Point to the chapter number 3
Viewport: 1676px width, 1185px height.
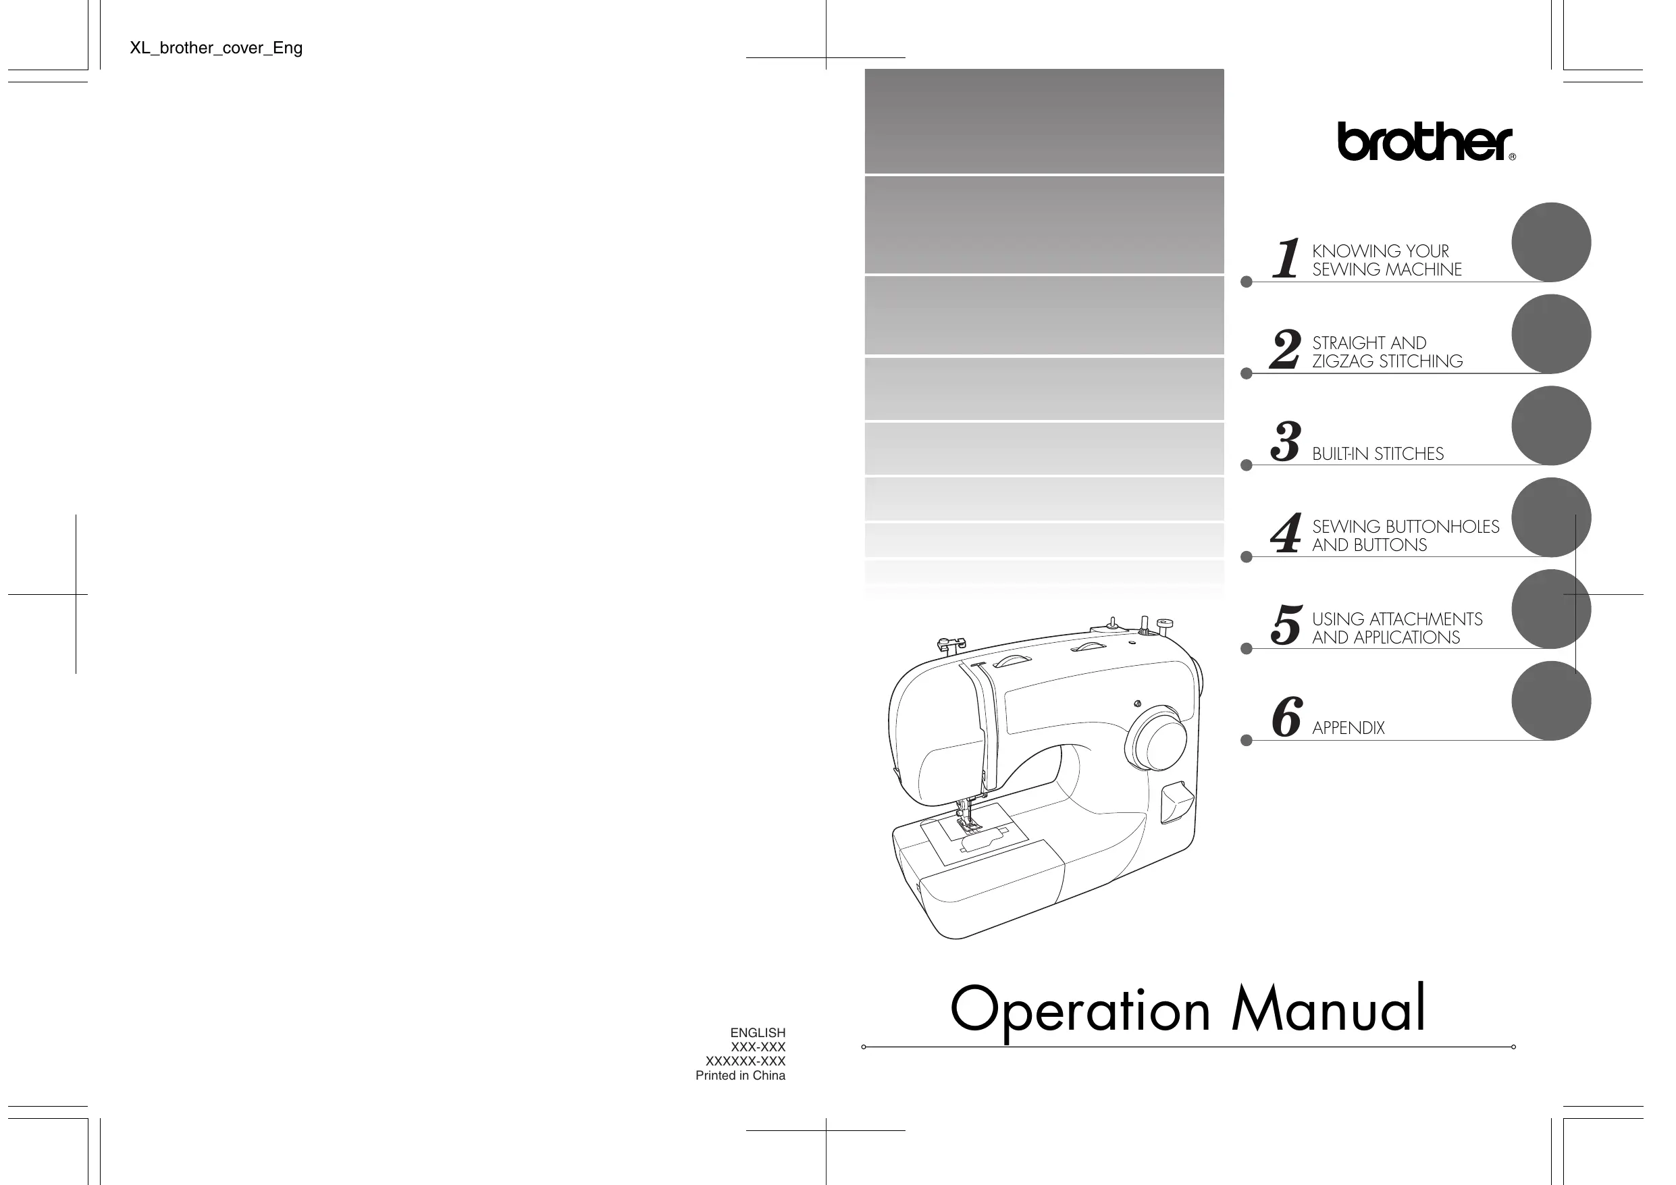(1286, 441)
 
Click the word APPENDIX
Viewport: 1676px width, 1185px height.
(1348, 728)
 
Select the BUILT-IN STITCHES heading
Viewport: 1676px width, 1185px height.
(1378, 454)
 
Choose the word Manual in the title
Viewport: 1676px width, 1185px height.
(1328, 1009)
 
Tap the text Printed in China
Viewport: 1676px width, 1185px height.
(740, 1076)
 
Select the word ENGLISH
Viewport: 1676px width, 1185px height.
(758, 1033)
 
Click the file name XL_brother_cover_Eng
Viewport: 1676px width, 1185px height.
(216, 48)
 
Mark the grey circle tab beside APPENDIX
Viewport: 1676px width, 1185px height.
(1550, 701)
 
